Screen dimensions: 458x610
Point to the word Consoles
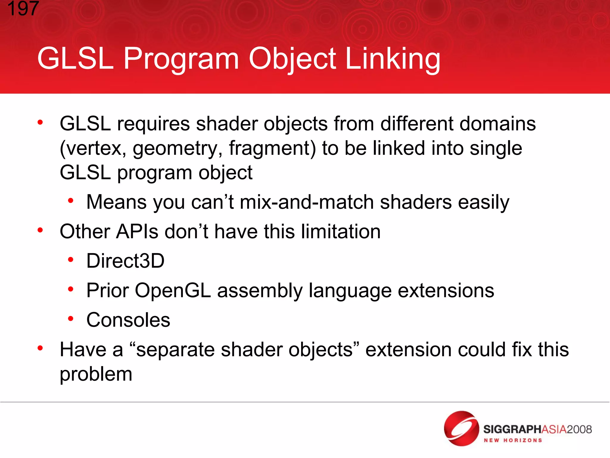point(128,320)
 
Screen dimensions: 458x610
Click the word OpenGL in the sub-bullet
point(173,290)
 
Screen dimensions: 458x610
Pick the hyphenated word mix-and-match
point(306,202)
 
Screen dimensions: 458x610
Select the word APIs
point(137,231)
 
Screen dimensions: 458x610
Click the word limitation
point(341,231)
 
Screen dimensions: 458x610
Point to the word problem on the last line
point(96,374)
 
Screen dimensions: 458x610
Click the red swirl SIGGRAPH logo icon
point(461,428)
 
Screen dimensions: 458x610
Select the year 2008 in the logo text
point(579,429)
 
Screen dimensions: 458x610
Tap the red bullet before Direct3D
point(71,260)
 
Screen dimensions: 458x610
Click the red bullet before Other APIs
point(40,230)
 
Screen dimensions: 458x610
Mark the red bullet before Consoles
point(71,319)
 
